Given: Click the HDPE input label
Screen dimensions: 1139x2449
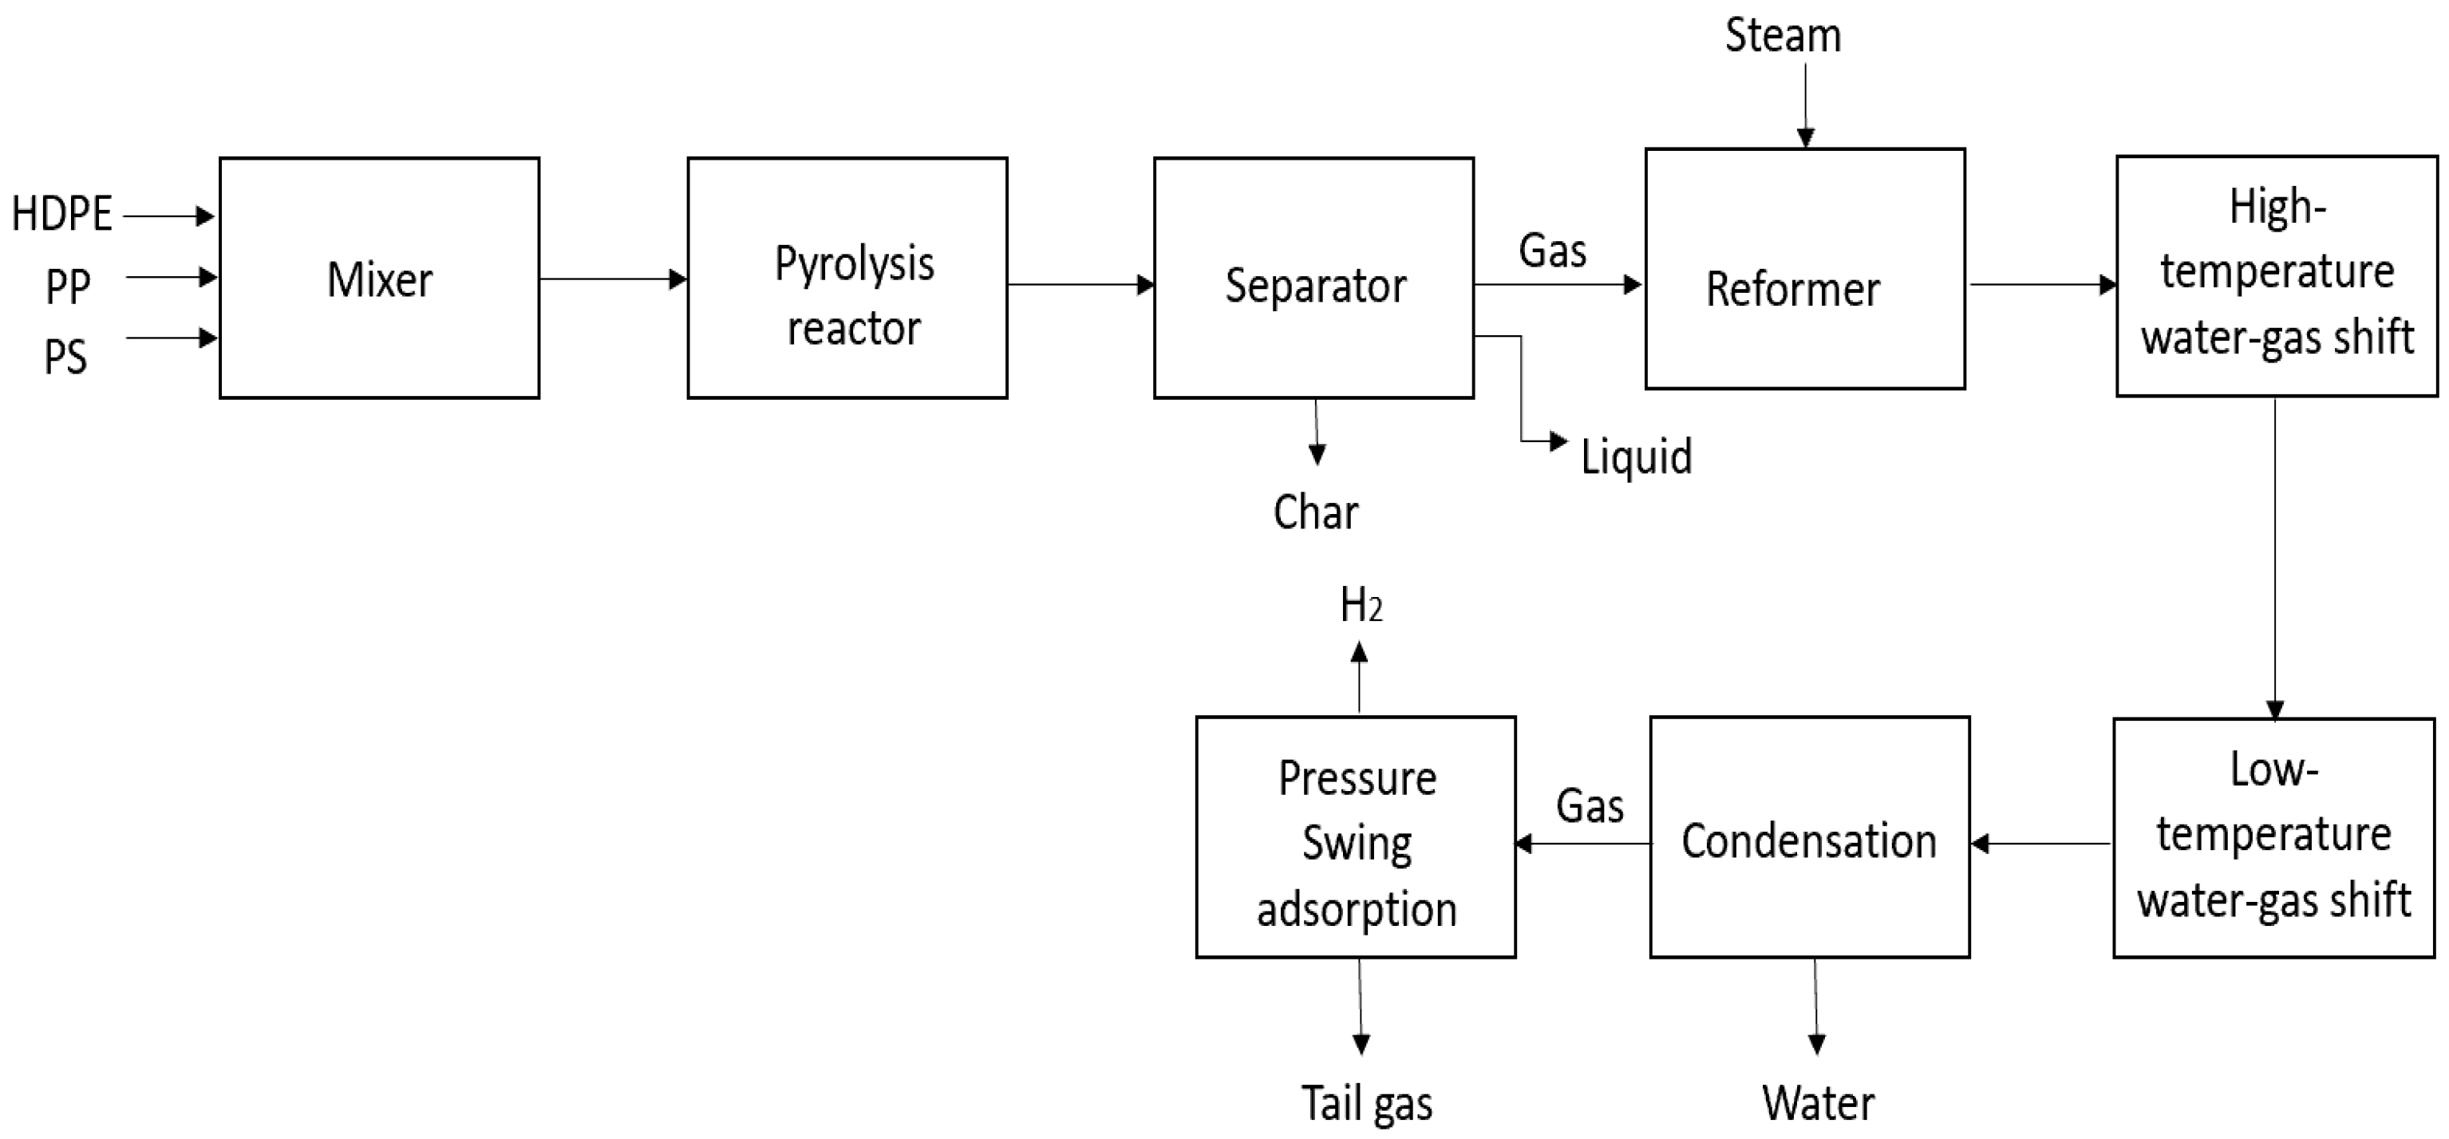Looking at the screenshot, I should click(61, 214).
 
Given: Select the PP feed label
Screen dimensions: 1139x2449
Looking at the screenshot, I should click(68, 285).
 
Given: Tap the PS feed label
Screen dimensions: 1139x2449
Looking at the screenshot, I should click(65, 358).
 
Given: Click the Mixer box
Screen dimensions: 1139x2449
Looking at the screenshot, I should click(379, 279).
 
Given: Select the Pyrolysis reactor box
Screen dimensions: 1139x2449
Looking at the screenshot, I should click(847, 279).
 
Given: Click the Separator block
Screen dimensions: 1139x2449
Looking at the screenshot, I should click(1313, 279).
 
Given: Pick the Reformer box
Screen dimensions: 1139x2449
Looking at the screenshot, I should click(1804, 269).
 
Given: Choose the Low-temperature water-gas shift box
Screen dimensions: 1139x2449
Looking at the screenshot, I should click(2273, 837).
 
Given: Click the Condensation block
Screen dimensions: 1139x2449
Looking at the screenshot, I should click(1809, 837).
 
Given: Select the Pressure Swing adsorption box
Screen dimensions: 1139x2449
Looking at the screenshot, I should click(1356, 837).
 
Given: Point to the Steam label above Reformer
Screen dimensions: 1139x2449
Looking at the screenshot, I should click(1783, 36).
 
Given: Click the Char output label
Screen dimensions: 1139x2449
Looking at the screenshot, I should click(1316, 512).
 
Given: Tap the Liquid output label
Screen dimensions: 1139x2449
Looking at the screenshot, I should click(1636, 457).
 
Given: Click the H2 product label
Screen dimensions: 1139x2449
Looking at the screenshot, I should click(1361, 605).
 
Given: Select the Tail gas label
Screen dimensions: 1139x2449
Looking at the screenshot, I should click(1366, 1104).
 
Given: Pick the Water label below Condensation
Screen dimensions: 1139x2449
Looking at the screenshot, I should click(1818, 1104).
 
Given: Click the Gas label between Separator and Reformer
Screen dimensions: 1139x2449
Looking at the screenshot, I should click(1553, 251).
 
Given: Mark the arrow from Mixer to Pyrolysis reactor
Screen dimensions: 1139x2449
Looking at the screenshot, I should click(613, 279).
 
